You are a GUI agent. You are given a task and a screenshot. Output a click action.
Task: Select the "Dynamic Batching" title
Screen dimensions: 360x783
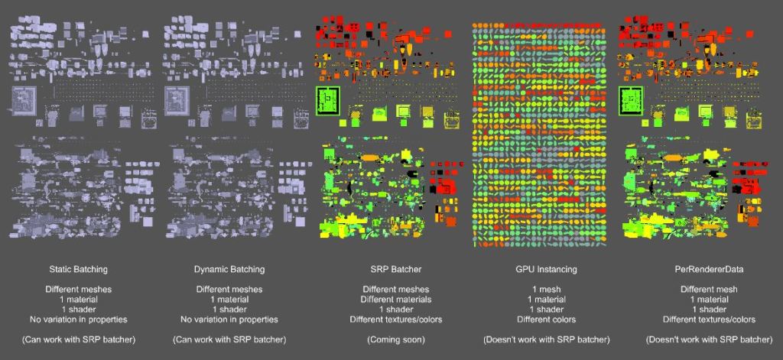229,270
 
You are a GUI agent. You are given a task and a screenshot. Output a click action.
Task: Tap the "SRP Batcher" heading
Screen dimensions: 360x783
392,270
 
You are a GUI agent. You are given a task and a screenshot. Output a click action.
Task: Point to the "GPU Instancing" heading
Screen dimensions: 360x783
546,270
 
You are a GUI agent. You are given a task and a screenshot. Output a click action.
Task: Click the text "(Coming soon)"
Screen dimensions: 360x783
392,339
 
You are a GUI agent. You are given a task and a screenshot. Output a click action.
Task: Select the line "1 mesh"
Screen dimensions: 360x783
546,290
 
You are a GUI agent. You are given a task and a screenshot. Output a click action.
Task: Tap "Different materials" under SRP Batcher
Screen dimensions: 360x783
392,300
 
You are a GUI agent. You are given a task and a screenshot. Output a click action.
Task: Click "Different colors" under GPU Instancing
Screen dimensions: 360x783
546,319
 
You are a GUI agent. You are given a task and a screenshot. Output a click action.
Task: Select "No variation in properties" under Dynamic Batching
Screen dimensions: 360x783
229,319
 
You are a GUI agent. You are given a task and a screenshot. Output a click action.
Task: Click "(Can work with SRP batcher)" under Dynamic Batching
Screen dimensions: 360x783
229,339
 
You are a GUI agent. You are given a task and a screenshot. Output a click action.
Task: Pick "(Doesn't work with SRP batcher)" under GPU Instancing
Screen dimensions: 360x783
546,339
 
